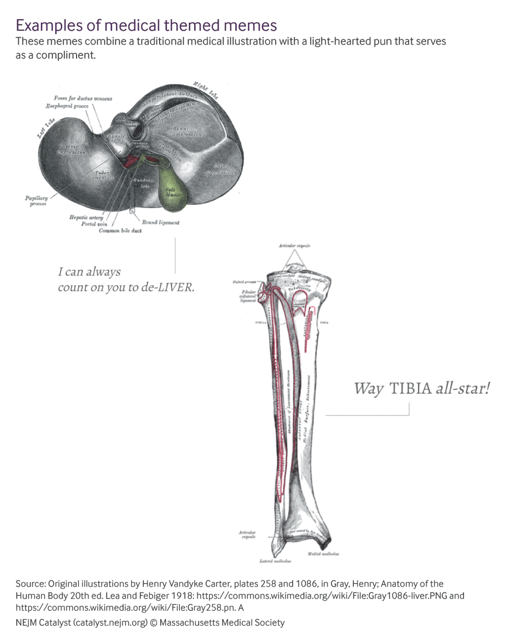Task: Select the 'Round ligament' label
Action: coord(160,222)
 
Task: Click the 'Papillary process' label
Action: coord(36,201)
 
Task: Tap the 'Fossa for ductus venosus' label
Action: coord(83,99)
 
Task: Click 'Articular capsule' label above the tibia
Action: coord(294,246)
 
